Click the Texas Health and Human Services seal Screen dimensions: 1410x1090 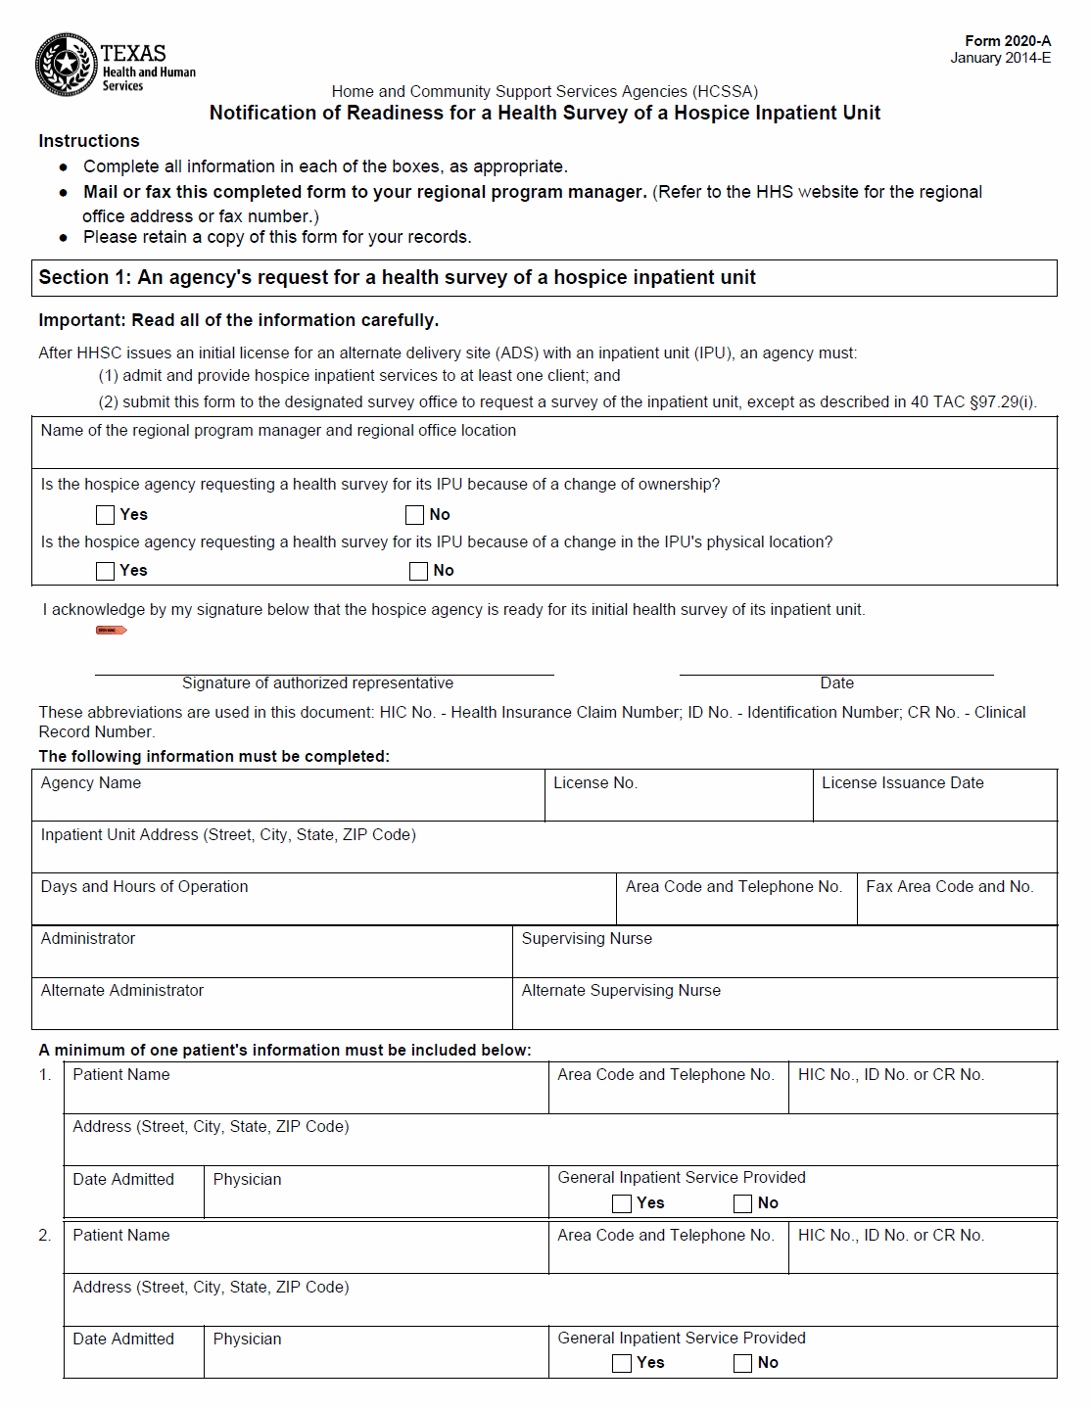[x=66, y=65]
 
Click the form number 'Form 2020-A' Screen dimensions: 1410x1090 [x=1008, y=41]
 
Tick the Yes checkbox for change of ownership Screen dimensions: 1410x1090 [x=106, y=515]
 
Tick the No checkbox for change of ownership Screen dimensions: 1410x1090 [x=415, y=515]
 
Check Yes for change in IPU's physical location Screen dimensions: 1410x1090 [x=106, y=571]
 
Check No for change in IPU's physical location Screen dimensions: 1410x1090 [x=419, y=571]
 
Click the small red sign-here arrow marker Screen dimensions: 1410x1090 [x=112, y=631]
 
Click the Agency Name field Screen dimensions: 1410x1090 [x=288, y=801]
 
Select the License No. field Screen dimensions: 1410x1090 [x=678, y=801]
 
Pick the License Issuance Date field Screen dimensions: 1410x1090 [x=934, y=801]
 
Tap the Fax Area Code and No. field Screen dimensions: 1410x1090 [x=956, y=905]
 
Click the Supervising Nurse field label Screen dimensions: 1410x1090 [x=587, y=939]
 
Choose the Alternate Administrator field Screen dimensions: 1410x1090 [x=272, y=1009]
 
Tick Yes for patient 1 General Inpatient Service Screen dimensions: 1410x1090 [x=622, y=1203]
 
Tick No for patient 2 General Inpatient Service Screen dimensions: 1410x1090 [x=743, y=1363]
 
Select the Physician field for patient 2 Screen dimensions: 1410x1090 [x=376, y=1359]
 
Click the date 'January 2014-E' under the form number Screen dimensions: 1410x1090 [x=1000, y=58]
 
